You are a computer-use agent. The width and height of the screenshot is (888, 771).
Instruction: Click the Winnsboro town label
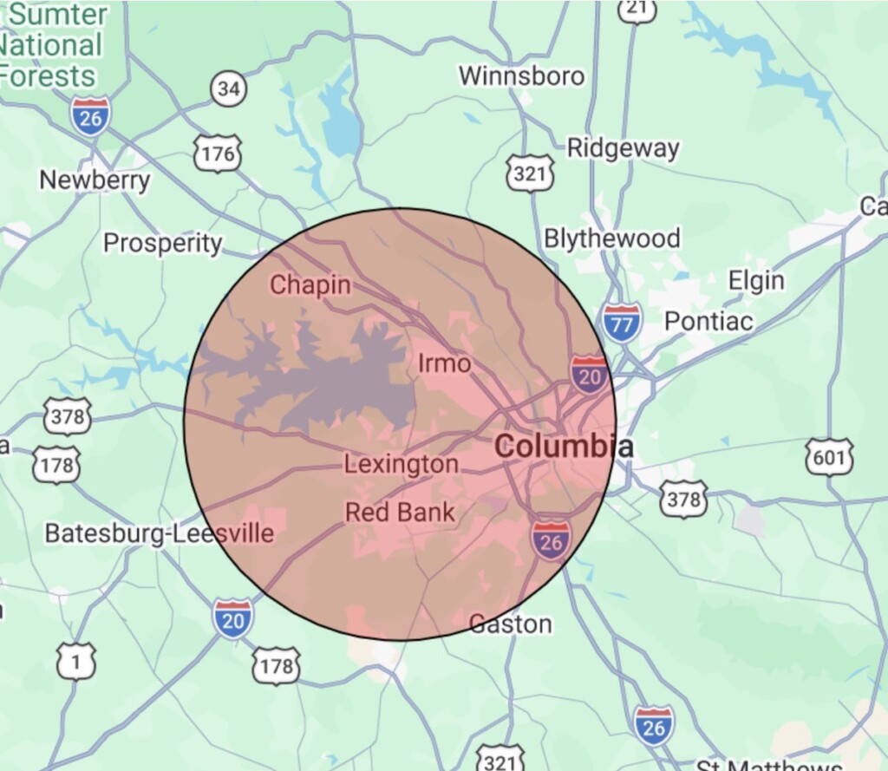click(x=521, y=76)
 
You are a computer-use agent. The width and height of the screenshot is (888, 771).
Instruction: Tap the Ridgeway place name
click(x=623, y=148)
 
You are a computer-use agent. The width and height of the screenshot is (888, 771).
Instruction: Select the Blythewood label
click(x=611, y=238)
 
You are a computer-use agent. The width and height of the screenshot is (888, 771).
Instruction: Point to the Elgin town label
click(x=755, y=281)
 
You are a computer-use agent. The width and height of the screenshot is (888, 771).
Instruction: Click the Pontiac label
click(x=708, y=322)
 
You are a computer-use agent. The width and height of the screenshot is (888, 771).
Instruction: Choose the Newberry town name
click(x=95, y=180)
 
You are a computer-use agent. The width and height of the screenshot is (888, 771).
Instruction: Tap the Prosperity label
click(x=163, y=243)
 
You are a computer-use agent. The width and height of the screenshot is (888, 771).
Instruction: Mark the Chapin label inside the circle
click(x=310, y=284)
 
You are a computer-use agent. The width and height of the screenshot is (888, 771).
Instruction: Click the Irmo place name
click(x=444, y=363)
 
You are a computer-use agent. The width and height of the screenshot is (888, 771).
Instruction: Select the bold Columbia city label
click(x=563, y=448)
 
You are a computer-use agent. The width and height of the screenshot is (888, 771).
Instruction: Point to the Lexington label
click(x=401, y=465)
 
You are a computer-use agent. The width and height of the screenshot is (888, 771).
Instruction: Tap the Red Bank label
click(x=400, y=513)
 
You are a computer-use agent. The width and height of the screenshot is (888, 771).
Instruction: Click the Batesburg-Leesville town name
click(x=159, y=533)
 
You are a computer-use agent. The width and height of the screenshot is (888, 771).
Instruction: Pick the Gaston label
click(x=510, y=624)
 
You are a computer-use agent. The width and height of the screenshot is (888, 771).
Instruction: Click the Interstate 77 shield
click(x=622, y=322)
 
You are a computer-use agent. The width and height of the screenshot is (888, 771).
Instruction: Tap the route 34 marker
click(x=229, y=88)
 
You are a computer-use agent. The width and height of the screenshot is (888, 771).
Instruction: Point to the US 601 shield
click(x=828, y=457)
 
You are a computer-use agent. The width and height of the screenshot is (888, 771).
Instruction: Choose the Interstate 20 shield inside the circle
click(x=588, y=374)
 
